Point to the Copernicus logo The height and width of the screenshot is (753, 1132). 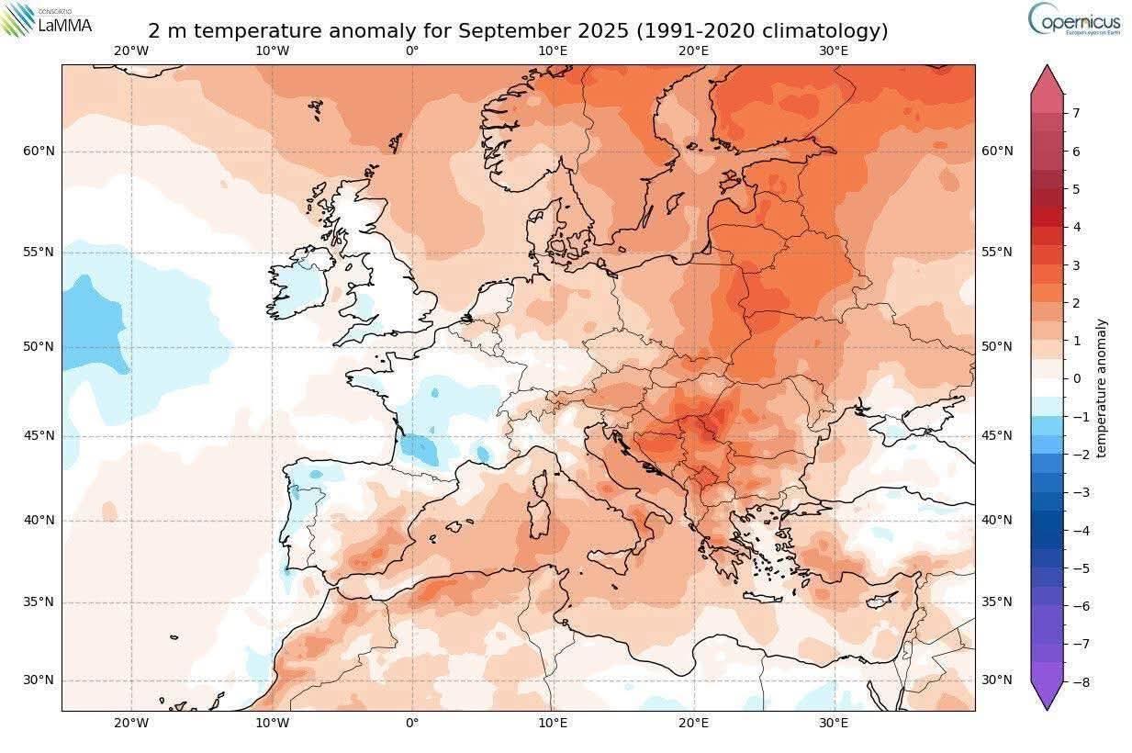[1073, 19]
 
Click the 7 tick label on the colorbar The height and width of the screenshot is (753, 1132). [1076, 113]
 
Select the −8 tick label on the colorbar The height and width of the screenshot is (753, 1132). [1079, 681]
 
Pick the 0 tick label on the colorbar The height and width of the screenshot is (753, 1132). [1076, 378]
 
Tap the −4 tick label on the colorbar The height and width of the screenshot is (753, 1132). [1079, 530]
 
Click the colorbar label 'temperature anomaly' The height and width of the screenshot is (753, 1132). [1101, 388]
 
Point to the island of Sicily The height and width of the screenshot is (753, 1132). [611, 556]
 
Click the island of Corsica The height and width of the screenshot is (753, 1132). [543, 483]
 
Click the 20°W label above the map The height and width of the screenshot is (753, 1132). [131, 51]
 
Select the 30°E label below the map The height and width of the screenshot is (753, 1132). [834, 723]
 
